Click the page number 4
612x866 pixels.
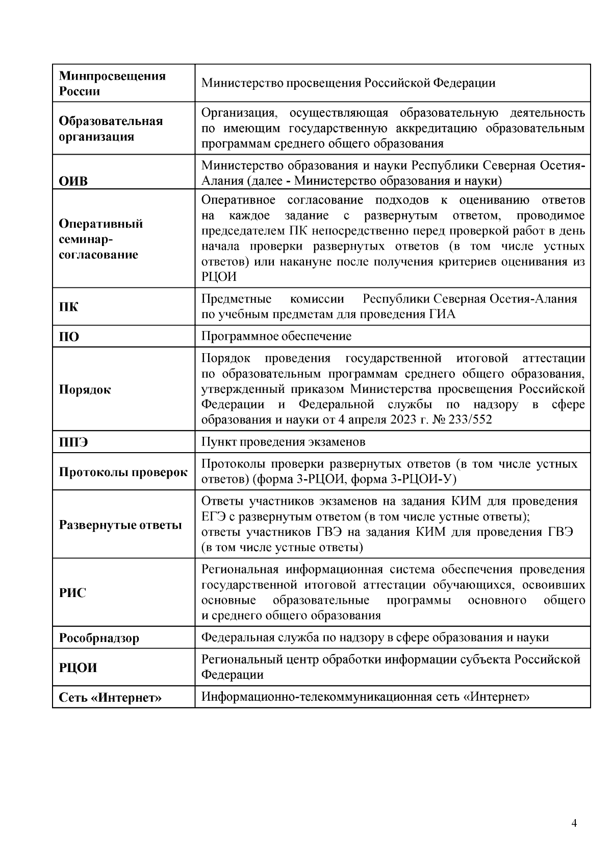[x=574, y=823]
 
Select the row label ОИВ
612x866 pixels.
[x=73, y=181]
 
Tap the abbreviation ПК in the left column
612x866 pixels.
[x=69, y=307]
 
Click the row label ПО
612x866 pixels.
[x=69, y=337]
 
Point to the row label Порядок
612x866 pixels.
[x=85, y=390]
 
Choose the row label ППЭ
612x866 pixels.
[x=73, y=442]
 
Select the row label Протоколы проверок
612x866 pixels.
[x=123, y=472]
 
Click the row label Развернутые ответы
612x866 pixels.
[x=120, y=525]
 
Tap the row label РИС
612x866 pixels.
[x=72, y=593]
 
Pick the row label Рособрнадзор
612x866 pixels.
[x=99, y=638]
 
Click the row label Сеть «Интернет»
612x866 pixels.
[x=110, y=698]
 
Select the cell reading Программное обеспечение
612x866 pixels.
[x=276, y=336]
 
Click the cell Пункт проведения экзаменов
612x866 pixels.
[x=283, y=442]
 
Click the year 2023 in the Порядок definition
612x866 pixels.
[x=406, y=420]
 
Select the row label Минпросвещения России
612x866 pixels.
[x=112, y=84]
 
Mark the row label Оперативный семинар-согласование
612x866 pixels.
[x=100, y=239]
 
